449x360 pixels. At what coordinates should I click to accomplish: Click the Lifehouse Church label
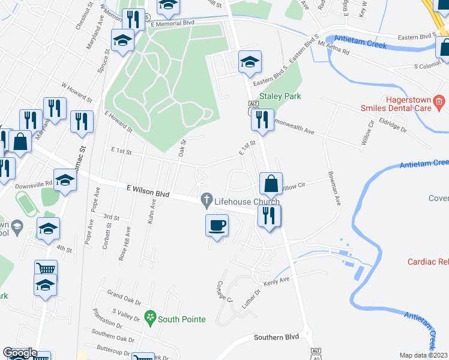point(242,203)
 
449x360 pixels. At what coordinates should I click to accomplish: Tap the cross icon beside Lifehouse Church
point(207,199)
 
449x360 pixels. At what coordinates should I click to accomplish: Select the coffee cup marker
point(217,226)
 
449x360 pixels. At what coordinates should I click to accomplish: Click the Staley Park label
point(280,96)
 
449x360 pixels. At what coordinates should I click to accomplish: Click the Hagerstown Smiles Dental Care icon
point(439,102)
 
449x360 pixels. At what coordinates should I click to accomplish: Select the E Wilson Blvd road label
point(148,191)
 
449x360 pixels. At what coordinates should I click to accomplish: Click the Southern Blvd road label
point(276,337)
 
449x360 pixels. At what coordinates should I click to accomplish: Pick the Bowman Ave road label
point(334,190)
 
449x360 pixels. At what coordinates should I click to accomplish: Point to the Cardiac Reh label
point(427,262)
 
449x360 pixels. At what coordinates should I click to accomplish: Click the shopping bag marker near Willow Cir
point(271,184)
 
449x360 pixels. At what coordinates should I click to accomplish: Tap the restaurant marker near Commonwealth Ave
point(262,120)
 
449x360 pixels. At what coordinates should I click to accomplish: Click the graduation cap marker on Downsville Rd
point(65,180)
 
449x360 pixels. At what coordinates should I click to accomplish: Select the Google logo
point(19,353)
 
